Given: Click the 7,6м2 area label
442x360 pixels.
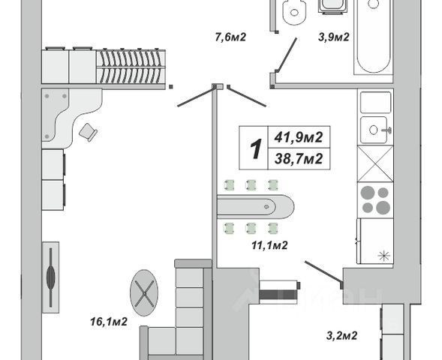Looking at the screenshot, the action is coord(230,37).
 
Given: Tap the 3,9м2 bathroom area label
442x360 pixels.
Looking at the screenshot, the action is coord(334,37).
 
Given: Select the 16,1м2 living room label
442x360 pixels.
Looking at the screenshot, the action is coord(109,322).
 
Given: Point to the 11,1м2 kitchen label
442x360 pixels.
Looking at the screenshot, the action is coord(269,245).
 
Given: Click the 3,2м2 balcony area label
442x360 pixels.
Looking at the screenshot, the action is coord(342,335).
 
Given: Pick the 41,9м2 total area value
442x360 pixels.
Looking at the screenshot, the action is coord(299,137).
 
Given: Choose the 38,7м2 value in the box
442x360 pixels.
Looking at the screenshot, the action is coord(299,159).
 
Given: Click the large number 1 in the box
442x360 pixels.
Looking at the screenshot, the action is coord(256,148).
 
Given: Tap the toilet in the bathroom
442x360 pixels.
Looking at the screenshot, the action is coord(294,12).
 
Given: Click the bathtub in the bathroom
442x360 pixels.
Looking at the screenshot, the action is coord(374,37).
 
